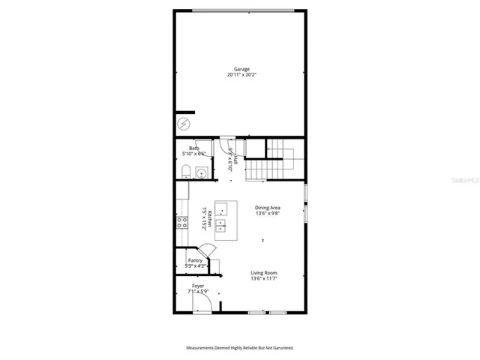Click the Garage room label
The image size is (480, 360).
pyautogui.click(x=241, y=69)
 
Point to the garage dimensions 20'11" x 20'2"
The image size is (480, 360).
pyautogui.click(x=241, y=75)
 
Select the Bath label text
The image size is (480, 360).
pyautogui.click(x=193, y=148)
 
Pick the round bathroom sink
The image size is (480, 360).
pyautogui.click(x=201, y=173)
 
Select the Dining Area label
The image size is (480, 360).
pyautogui.click(x=267, y=207)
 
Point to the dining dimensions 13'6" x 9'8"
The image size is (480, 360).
pyautogui.click(x=267, y=213)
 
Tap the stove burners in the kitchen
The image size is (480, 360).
pyautogui.click(x=181, y=222)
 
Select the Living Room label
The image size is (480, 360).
pyautogui.click(x=264, y=273)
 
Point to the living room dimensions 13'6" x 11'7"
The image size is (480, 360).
pyautogui.click(x=264, y=279)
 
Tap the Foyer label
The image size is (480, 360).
pyautogui.click(x=198, y=286)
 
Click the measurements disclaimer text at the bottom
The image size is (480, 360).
pyautogui.click(x=240, y=348)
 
